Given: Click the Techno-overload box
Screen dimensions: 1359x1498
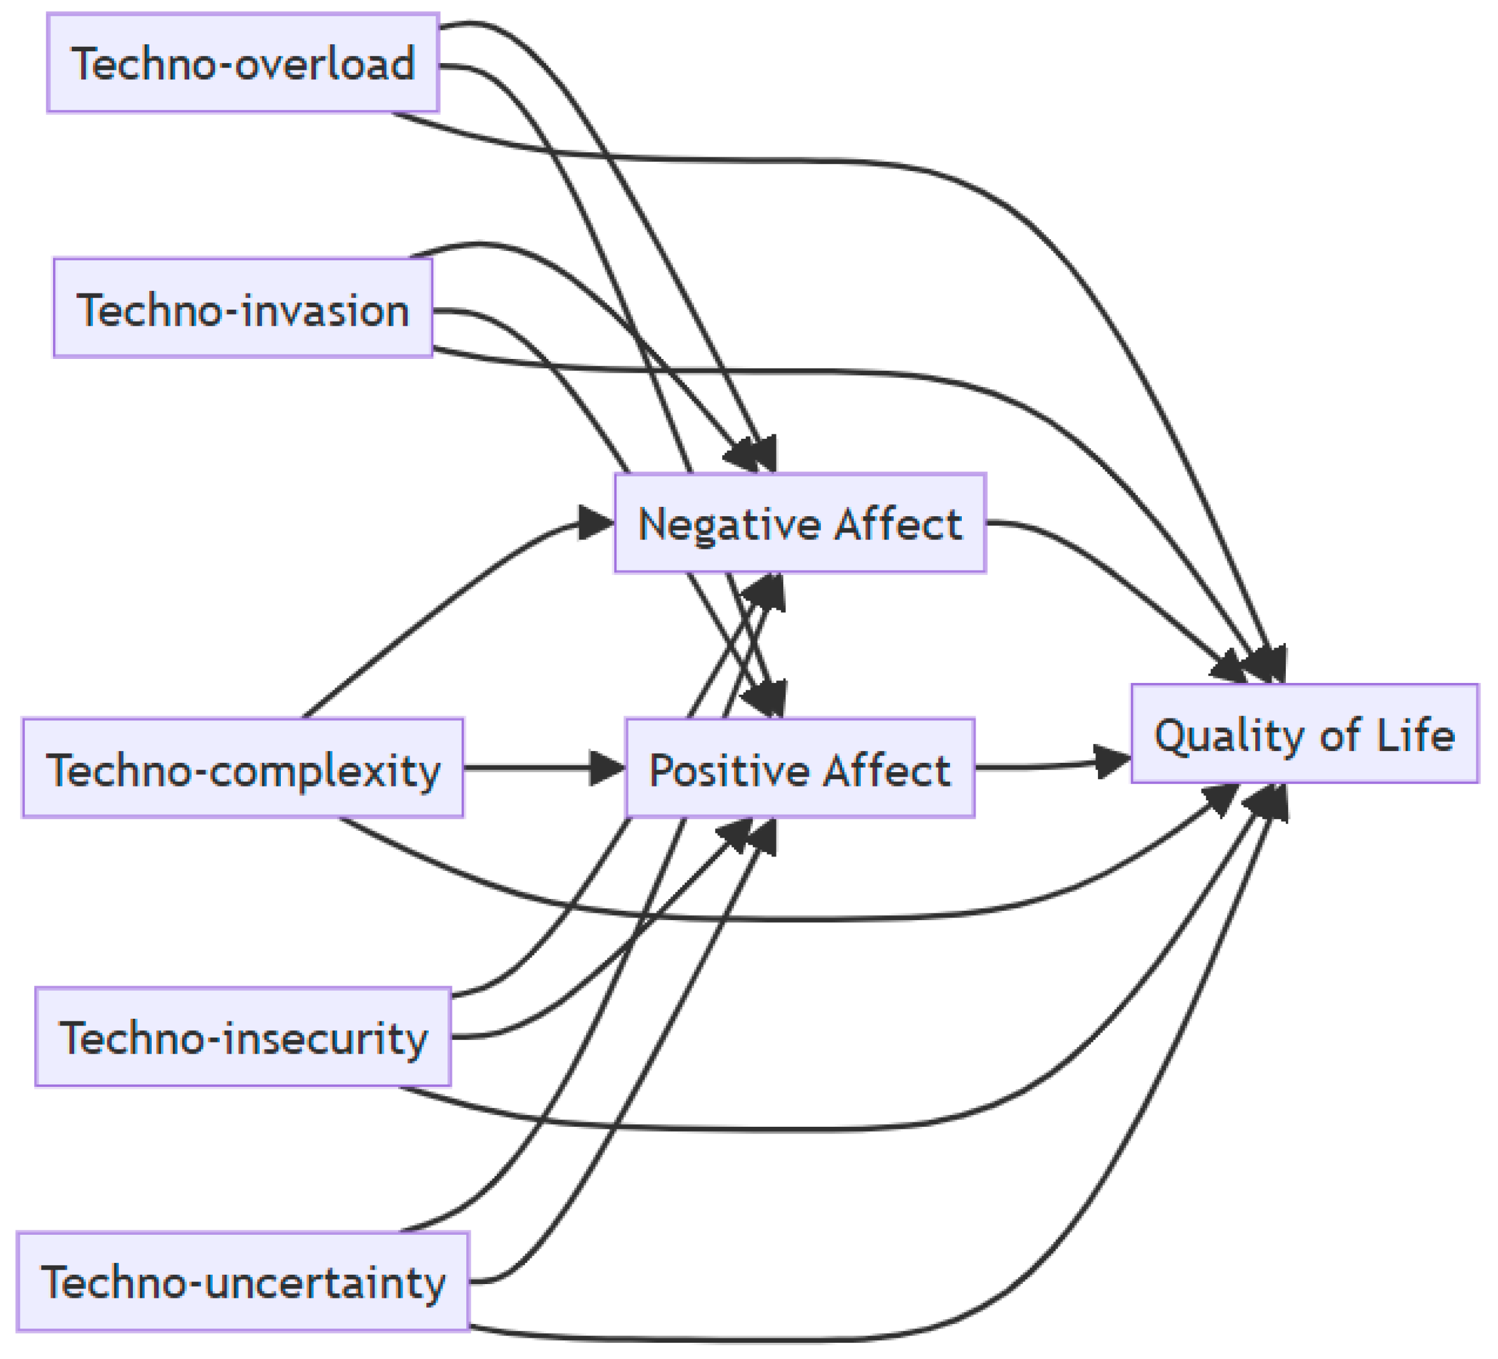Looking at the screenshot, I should coord(243,63).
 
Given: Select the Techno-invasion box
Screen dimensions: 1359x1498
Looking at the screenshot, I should coord(243,308).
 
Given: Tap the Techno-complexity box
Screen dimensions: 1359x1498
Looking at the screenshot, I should coord(243,768).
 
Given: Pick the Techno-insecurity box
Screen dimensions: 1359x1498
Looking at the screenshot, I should coord(243,1038).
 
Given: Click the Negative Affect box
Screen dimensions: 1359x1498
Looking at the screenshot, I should coord(800,523).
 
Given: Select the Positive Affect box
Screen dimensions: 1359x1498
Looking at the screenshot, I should coord(800,768).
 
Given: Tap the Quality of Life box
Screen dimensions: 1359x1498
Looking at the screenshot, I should coord(1304,734).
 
